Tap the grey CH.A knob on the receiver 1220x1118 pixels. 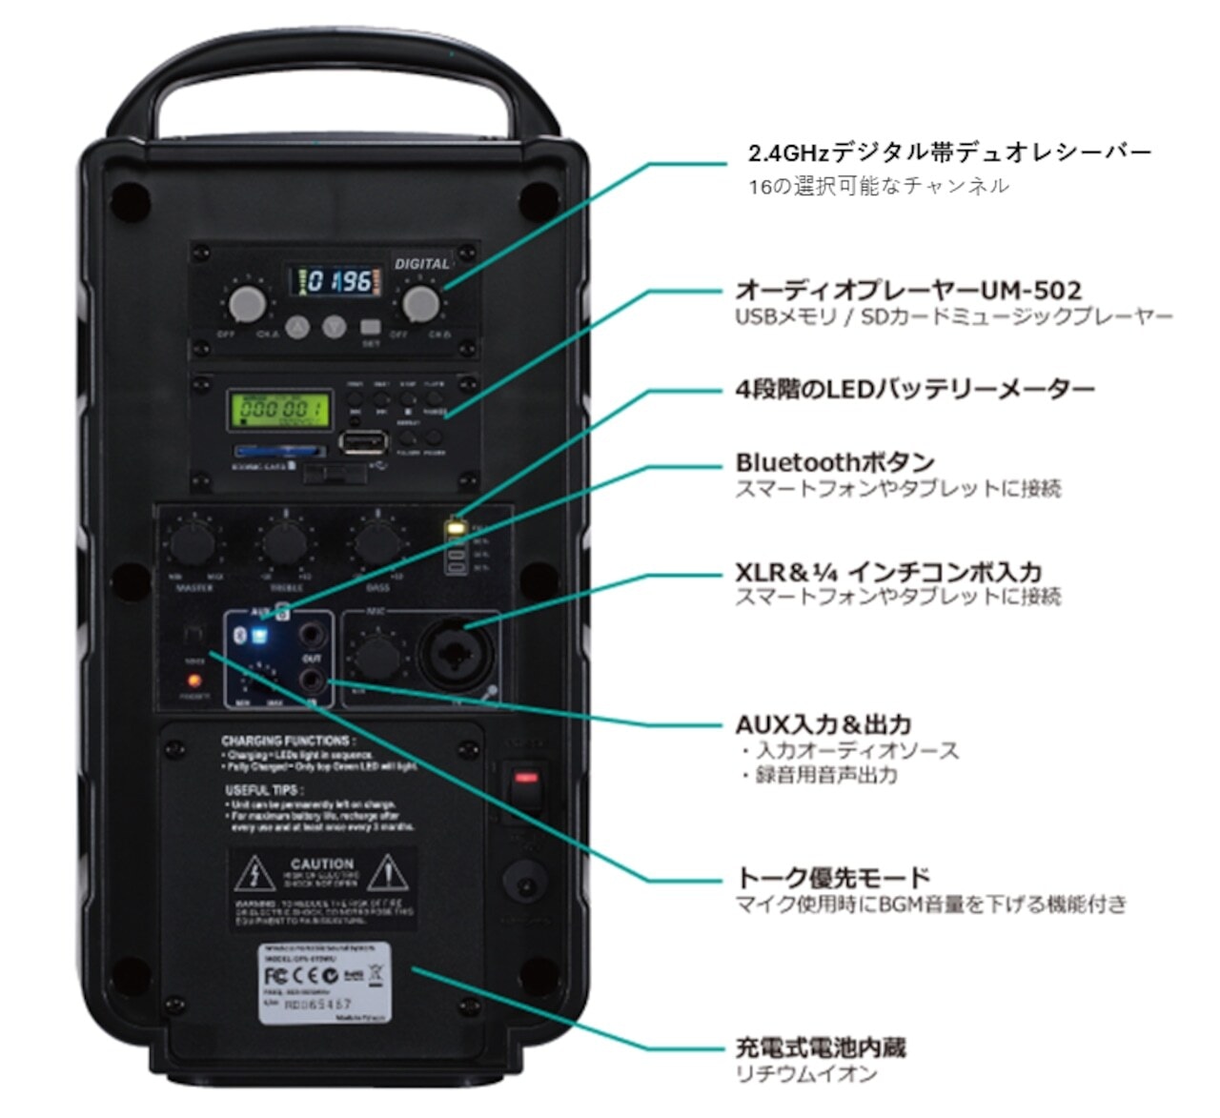[248, 303]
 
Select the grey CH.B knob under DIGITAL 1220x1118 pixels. [420, 303]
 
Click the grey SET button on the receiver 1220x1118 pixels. [371, 327]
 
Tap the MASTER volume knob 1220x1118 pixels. [194, 543]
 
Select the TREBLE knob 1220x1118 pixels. [285, 543]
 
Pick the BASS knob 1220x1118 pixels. [377, 543]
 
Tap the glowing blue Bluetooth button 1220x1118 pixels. [258, 636]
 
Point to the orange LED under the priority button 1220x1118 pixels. [194, 681]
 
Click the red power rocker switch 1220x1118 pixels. [525, 781]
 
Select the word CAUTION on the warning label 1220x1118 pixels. [322, 864]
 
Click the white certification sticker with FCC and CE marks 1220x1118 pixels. [324, 984]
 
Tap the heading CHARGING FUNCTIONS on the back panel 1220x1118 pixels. [287, 741]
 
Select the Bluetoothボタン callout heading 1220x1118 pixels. [834, 463]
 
